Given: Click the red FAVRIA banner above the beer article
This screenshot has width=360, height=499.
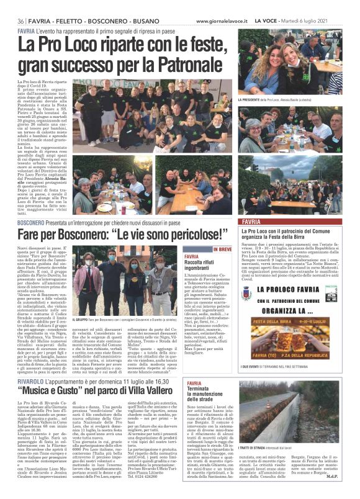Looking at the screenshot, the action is coord(295,222).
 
